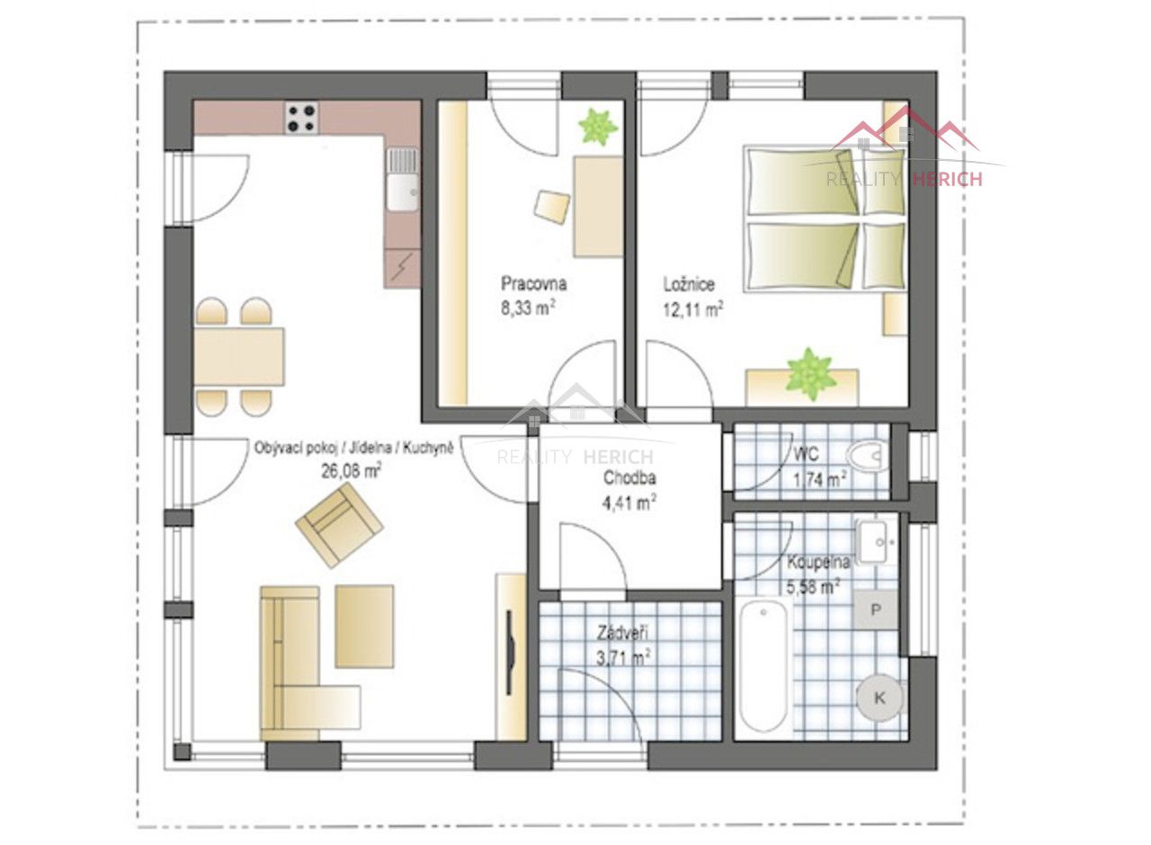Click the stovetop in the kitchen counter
(x=301, y=118)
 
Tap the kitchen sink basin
(x=402, y=192)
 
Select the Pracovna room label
(x=533, y=283)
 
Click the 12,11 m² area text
(x=693, y=309)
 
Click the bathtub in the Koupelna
(x=763, y=666)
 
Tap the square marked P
(x=876, y=609)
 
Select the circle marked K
(x=879, y=698)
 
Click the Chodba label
(x=629, y=477)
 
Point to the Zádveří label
(x=622, y=633)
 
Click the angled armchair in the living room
(x=339, y=527)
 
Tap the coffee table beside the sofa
(x=364, y=627)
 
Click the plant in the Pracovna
(x=598, y=127)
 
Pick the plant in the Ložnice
(x=811, y=373)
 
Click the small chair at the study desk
(x=552, y=207)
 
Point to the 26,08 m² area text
(x=352, y=470)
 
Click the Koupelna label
(x=818, y=563)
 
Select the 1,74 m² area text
(x=820, y=480)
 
